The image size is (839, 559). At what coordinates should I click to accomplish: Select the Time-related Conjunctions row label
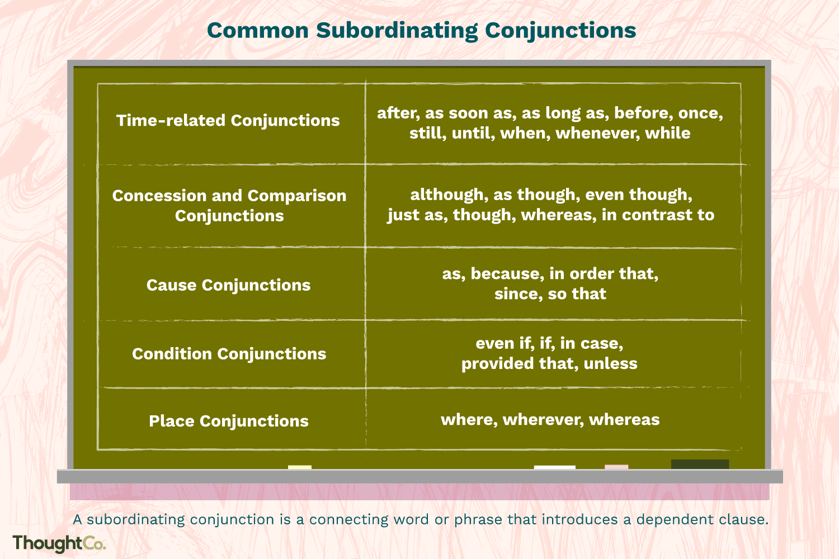(228, 121)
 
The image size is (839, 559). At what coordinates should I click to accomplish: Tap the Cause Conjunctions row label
(228, 285)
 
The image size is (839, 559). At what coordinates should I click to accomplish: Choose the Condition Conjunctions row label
(229, 354)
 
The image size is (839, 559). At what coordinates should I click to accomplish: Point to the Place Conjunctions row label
(229, 421)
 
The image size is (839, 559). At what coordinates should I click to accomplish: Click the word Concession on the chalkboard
(159, 196)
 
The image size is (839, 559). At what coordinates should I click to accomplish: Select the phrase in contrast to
(658, 215)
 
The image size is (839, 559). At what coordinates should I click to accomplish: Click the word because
(507, 274)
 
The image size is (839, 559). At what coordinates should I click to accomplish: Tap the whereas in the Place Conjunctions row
(624, 420)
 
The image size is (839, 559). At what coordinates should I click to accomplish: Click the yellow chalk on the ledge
(300, 467)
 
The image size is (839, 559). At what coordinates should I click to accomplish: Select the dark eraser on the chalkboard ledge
(700, 465)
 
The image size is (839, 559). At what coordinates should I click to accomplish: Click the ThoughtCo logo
(59, 543)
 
